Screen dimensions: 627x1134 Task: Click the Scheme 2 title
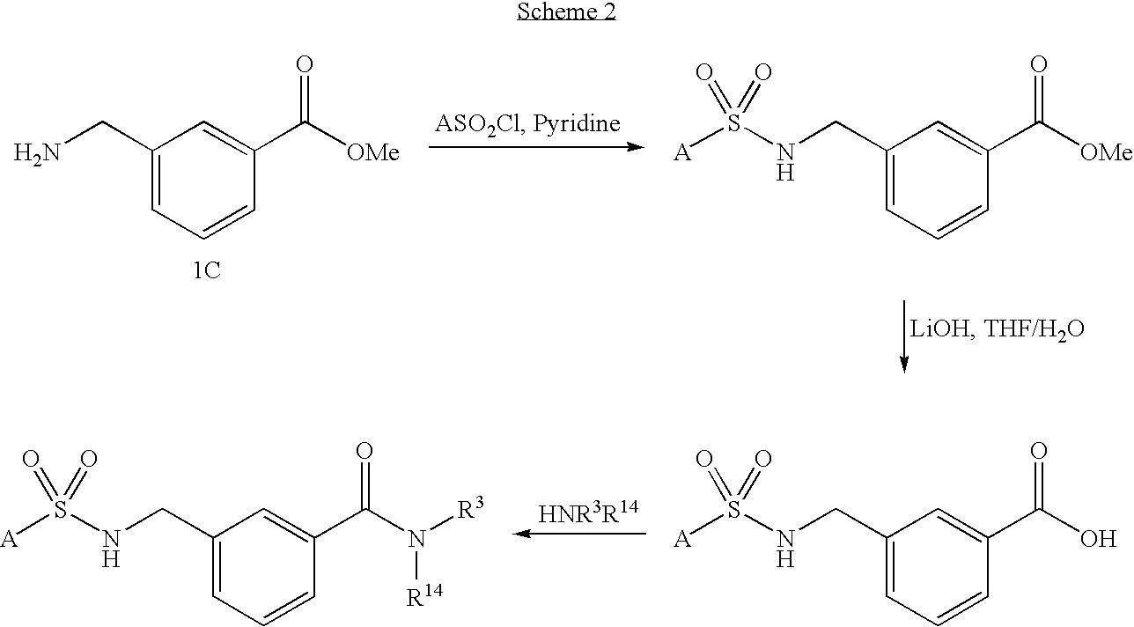coord(566,13)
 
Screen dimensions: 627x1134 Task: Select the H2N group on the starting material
coord(37,154)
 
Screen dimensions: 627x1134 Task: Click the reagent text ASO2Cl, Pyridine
coord(527,123)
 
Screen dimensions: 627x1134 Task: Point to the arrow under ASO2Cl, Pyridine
coord(536,147)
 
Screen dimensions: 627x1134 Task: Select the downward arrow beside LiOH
coord(904,336)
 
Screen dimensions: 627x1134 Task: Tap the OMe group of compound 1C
coord(372,154)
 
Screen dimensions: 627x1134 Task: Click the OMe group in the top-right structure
coord(1105,154)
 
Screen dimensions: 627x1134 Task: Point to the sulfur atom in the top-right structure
coord(733,124)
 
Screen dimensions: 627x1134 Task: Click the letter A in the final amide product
coord(10,540)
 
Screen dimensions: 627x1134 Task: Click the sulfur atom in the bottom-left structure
coord(59,511)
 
